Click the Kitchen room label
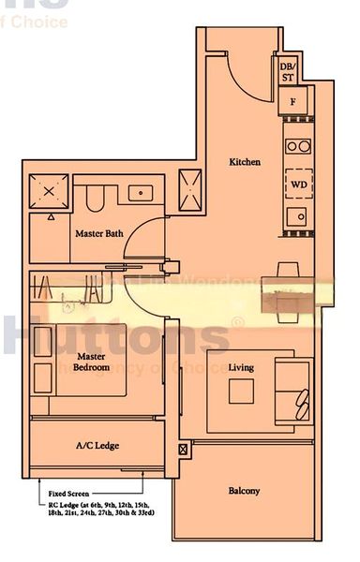(x=245, y=162)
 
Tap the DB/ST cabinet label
(x=287, y=72)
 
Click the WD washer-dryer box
(x=299, y=184)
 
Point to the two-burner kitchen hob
(x=299, y=146)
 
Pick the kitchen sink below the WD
(x=298, y=216)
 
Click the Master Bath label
(x=99, y=233)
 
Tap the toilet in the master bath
(x=94, y=198)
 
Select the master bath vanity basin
(x=140, y=194)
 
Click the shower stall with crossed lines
(x=49, y=193)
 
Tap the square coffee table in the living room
(x=241, y=391)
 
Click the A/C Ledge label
(x=97, y=446)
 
